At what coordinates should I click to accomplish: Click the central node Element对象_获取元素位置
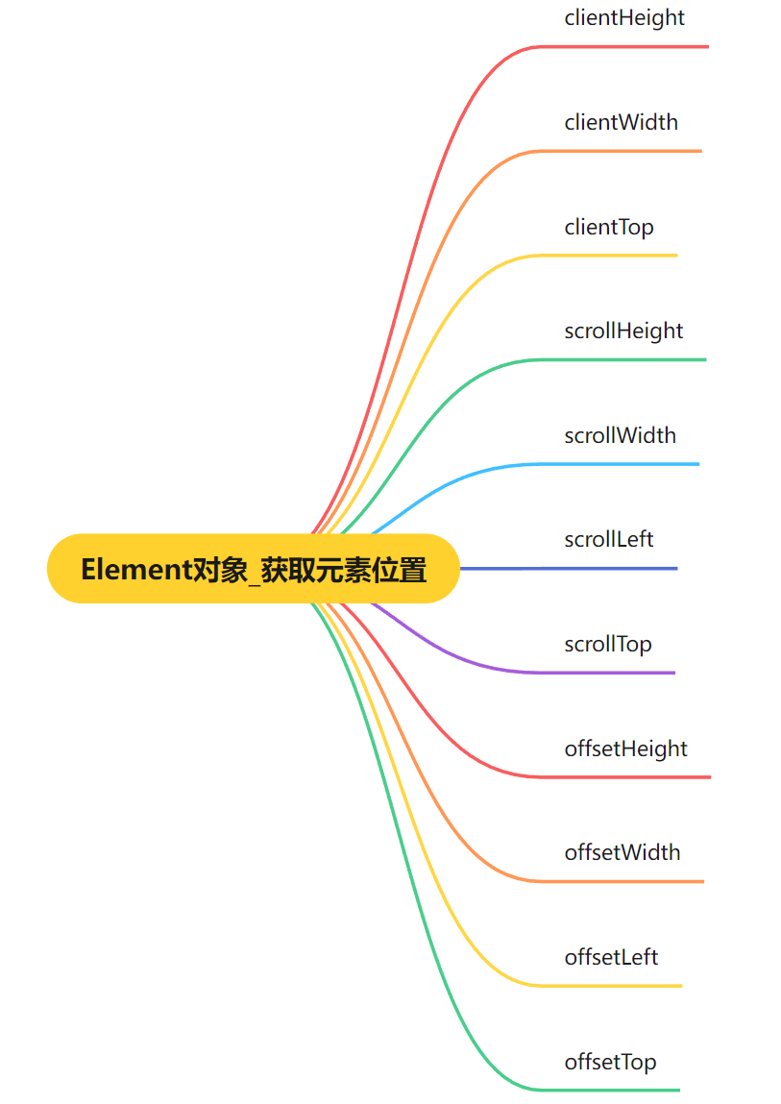254,569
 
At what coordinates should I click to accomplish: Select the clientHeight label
624,17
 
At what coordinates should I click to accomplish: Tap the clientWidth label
622,122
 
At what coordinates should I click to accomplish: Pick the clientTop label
609,227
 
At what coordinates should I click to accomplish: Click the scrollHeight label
623,331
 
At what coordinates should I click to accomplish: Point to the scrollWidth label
621,435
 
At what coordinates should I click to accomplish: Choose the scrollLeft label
609,539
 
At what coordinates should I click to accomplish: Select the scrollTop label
608,644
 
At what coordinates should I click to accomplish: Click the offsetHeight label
626,748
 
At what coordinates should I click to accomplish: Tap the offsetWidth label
622,852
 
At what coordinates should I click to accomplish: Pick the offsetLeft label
612,957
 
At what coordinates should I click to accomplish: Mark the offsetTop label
611,1062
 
